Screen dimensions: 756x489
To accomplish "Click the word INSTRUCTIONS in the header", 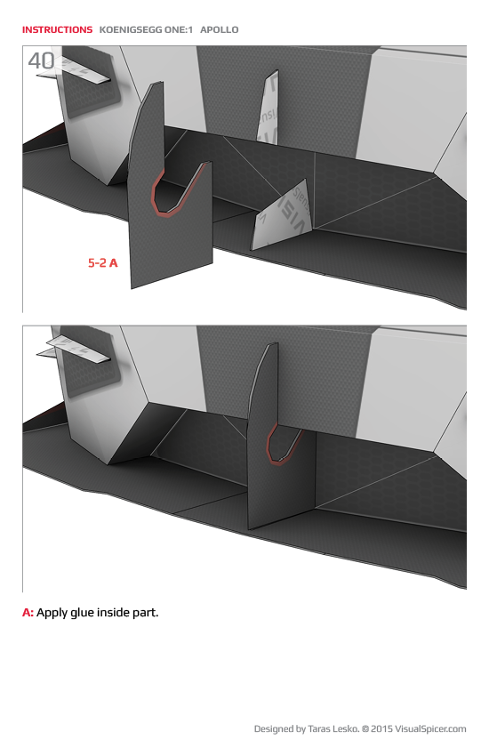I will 57,29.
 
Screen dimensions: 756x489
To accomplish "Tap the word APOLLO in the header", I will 220,29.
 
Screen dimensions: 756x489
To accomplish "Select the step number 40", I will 41,61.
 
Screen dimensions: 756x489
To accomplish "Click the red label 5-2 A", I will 103,263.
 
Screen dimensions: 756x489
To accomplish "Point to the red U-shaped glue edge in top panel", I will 164,199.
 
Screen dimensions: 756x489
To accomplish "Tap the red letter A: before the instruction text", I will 28,613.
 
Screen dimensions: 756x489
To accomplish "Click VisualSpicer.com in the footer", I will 432,729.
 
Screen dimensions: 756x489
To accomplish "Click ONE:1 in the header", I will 176,29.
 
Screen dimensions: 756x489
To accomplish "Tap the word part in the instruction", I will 148,613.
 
